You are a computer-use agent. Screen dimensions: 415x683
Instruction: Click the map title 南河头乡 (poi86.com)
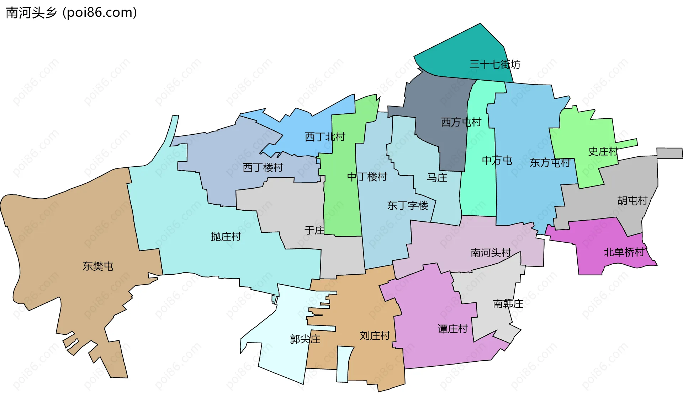pyautogui.click(x=71, y=12)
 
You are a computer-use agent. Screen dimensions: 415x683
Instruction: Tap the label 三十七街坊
pyautogui.click(x=494, y=64)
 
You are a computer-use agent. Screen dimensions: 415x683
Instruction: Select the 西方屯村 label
pyautogui.click(x=461, y=122)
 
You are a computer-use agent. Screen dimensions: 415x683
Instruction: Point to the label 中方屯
pyautogui.click(x=497, y=161)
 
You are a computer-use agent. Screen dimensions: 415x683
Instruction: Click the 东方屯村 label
pyautogui.click(x=550, y=163)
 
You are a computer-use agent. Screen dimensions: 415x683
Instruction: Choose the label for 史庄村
pyautogui.click(x=603, y=151)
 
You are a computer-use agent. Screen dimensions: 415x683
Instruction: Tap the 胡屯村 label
pyautogui.click(x=632, y=201)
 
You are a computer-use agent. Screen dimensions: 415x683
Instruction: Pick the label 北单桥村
pyautogui.click(x=624, y=252)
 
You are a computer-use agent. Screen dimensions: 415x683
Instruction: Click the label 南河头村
pyautogui.click(x=491, y=253)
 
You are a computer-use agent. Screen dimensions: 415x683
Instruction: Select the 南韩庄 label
pyautogui.click(x=508, y=304)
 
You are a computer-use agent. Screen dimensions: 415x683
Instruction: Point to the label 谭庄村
pyautogui.click(x=452, y=329)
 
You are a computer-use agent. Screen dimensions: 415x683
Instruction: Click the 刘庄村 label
pyautogui.click(x=375, y=336)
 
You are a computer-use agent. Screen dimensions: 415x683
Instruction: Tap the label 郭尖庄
pyautogui.click(x=305, y=339)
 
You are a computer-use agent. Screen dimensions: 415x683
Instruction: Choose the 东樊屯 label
pyautogui.click(x=98, y=266)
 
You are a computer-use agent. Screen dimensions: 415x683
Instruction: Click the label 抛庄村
pyautogui.click(x=226, y=237)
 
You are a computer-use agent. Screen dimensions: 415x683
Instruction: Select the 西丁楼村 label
pyautogui.click(x=263, y=168)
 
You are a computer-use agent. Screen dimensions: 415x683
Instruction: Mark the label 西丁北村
pyautogui.click(x=325, y=137)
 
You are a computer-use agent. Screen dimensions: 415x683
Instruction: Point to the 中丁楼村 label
pyautogui.click(x=367, y=177)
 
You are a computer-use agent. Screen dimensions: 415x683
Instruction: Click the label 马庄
pyautogui.click(x=437, y=178)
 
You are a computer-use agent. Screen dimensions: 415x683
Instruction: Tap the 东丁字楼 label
pyautogui.click(x=408, y=205)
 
